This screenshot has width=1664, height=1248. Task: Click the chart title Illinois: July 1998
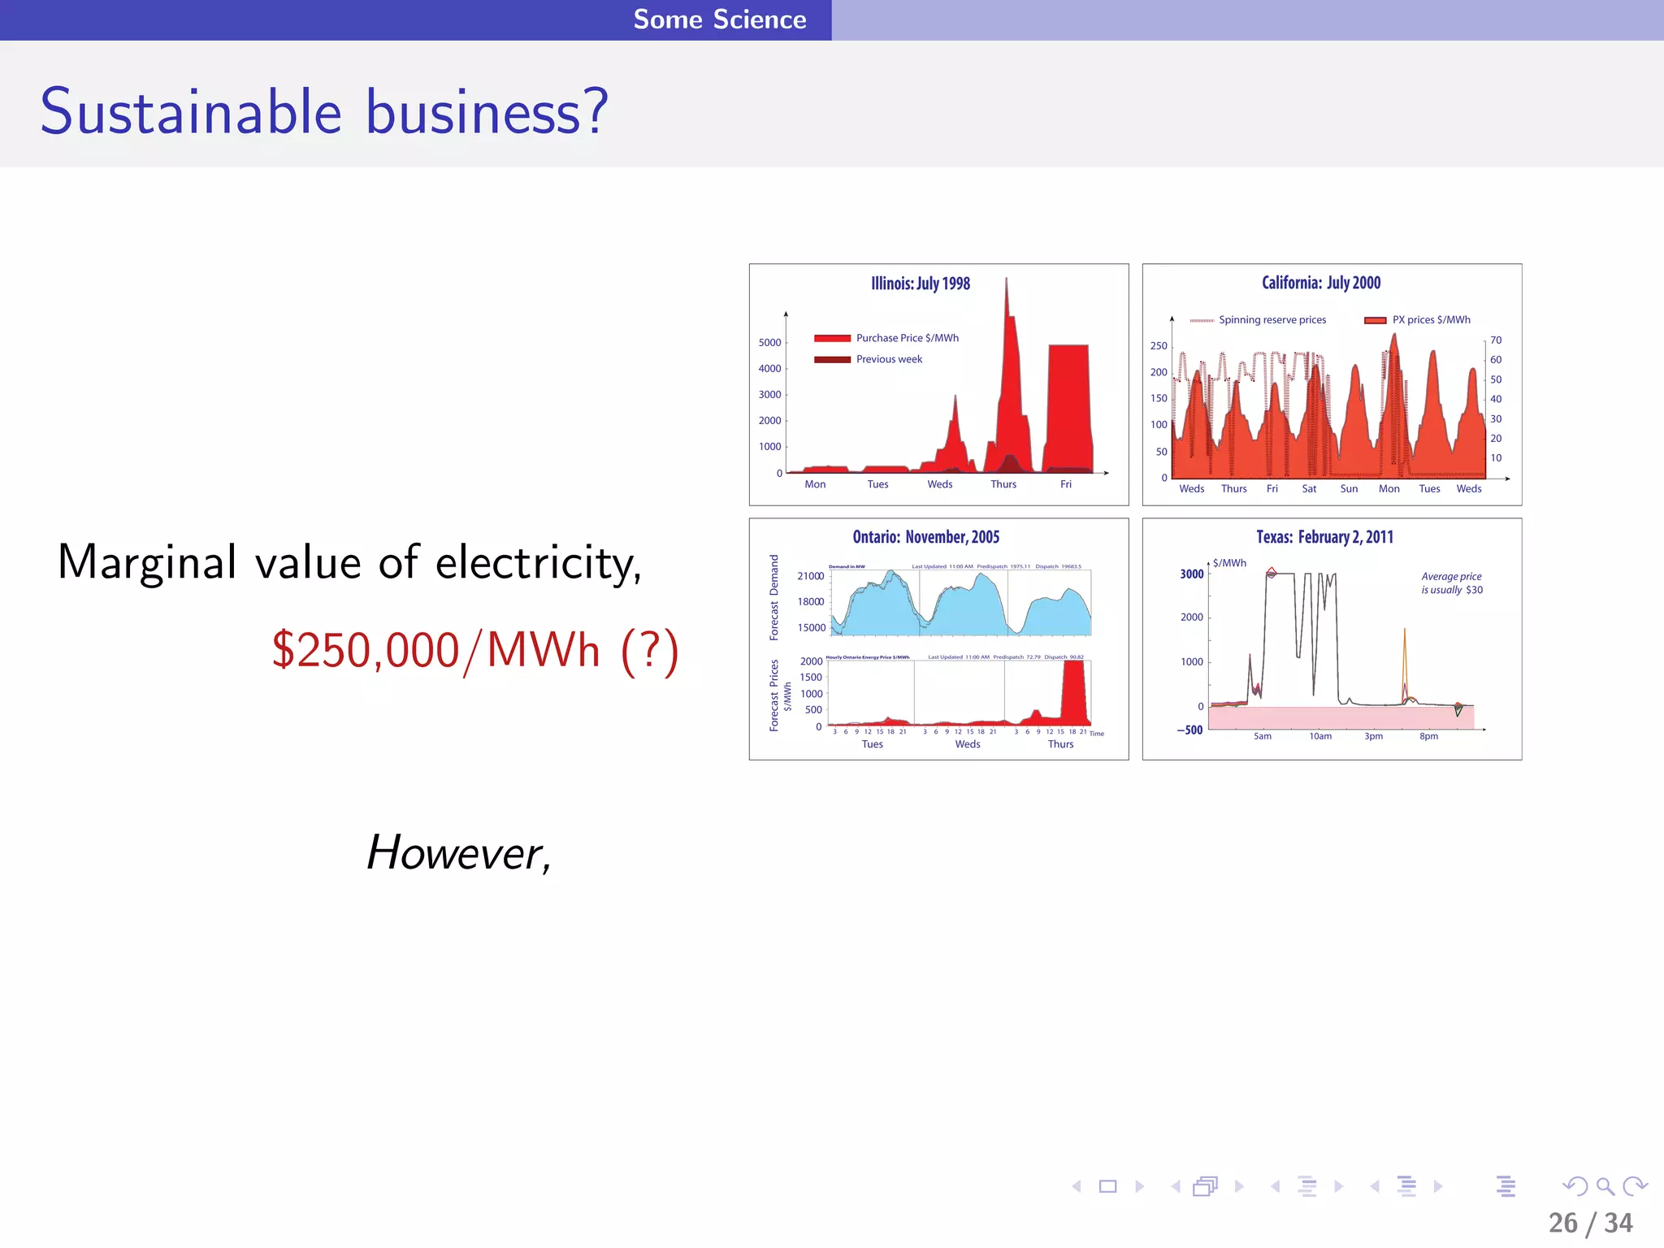coord(921,284)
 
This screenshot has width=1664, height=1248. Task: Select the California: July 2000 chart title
coord(1321,283)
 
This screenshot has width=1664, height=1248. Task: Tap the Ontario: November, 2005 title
coord(925,537)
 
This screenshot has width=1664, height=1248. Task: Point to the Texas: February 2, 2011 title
coord(1324,537)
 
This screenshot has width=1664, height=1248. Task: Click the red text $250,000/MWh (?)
coord(474,651)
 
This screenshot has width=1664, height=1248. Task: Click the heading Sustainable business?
coord(324,111)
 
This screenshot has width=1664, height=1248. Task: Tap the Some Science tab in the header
coord(719,19)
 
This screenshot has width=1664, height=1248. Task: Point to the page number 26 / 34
coord(1590,1223)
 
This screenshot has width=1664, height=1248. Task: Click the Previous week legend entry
coord(889,359)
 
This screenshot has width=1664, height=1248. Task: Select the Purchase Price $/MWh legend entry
coord(907,338)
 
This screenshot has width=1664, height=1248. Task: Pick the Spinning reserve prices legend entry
coord(1272,320)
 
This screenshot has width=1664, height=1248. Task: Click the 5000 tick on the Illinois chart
coord(769,343)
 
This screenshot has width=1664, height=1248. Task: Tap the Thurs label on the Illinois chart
coord(1003,484)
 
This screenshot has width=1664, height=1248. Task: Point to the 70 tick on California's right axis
coord(1496,340)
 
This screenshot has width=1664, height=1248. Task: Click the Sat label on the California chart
coord(1309,489)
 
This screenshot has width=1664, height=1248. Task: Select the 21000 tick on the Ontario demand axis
coord(810,576)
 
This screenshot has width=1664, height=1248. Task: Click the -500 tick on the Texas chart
coord(1190,730)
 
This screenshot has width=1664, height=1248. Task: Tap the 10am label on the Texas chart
coord(1320,737)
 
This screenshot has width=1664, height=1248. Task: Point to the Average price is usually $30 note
coord(1451,583)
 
